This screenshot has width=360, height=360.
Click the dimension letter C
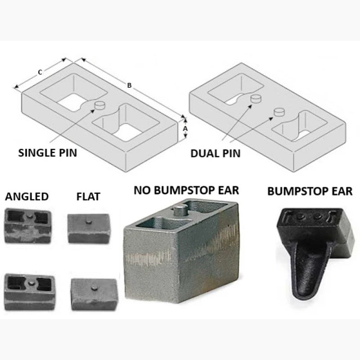point(40,72)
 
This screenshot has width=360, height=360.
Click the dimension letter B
point(129,85)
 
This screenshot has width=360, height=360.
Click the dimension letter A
point(185,129)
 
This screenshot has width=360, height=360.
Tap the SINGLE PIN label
point(48,153)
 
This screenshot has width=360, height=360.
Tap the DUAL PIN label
point(216,153)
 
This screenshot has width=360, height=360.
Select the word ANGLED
point(27,197)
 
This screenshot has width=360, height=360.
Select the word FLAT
point(88,197)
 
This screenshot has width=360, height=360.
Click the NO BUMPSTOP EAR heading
point(186,190)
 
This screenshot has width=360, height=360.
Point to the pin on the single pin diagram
point(99,105)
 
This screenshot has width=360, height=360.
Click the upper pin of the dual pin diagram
point(256,98)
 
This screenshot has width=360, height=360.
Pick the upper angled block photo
point(28,225)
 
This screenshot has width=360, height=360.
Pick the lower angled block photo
point(29,292)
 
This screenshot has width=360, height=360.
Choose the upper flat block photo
point(89,228)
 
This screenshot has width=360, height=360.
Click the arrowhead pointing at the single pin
point(92,111)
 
